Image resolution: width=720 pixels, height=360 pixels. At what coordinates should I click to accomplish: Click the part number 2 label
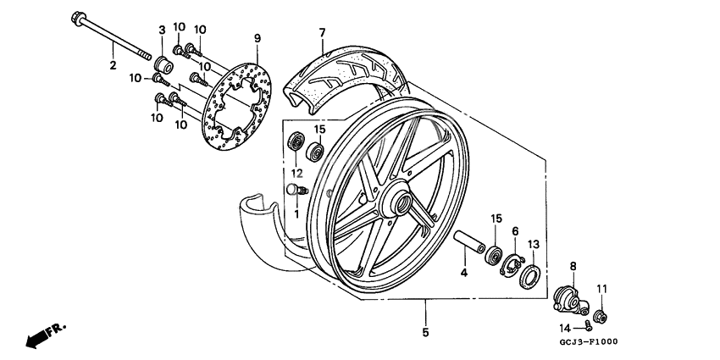[112, 65]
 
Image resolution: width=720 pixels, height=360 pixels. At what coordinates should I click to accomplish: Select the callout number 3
[161, 31]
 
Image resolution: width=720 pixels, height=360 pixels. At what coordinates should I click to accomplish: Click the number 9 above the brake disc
[258, 37]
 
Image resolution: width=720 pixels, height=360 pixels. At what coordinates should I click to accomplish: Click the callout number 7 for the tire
[322, 33]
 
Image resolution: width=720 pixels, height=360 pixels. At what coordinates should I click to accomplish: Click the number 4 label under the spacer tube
[463, 272]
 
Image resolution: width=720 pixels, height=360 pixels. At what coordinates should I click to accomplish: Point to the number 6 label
[514, 230]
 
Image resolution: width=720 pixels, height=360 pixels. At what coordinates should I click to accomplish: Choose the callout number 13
[533, 245]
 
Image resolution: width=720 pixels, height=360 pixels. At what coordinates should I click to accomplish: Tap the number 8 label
[572, 266]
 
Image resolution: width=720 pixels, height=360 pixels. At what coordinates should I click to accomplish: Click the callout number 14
[564, 327]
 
